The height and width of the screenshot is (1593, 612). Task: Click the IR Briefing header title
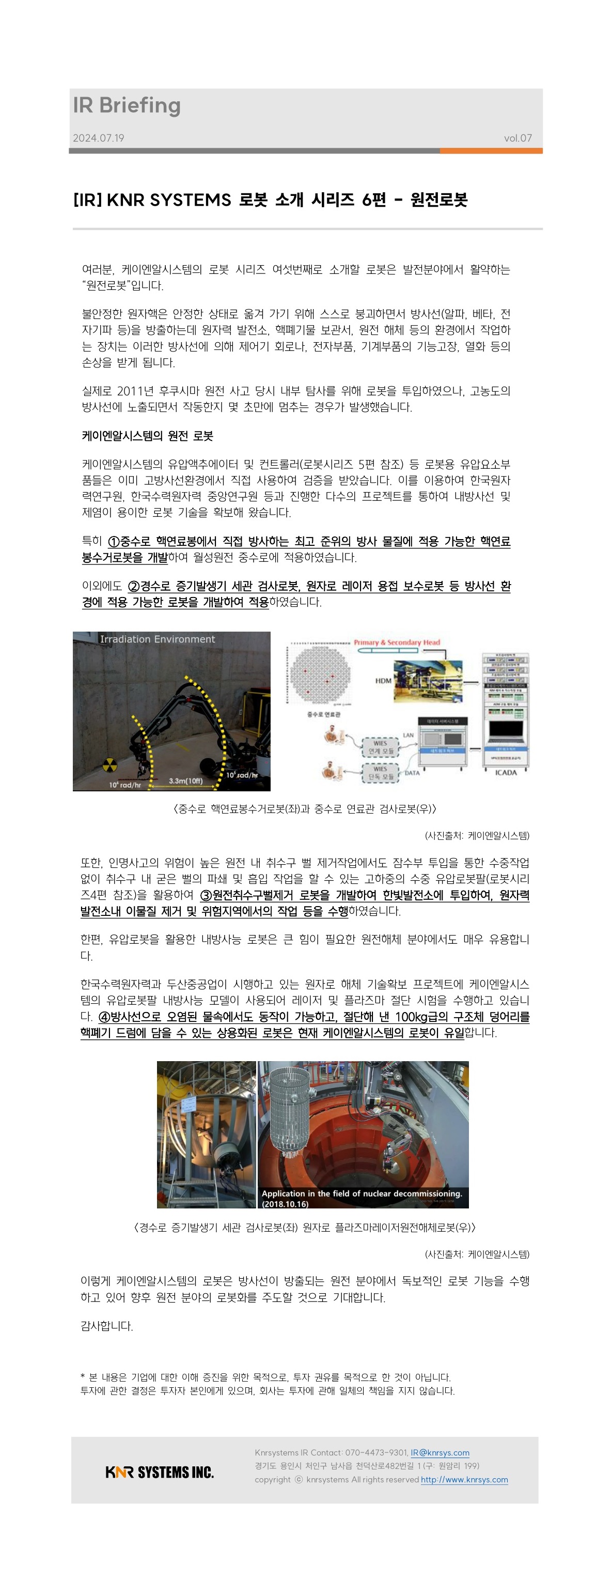point(127,106)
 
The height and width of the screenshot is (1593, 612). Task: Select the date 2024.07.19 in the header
point(98,138)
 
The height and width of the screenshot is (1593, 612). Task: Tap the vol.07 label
point(517,138)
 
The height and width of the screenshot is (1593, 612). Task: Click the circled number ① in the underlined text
point(114,542)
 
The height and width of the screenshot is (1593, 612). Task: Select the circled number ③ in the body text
point(207,895)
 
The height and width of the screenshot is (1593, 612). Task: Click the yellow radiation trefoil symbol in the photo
point(109,764)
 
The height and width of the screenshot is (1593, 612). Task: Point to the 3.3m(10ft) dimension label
point(186,780)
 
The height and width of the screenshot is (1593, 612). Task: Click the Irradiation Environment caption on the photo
point(157,639)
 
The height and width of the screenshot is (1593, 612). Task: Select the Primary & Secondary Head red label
point(397,642)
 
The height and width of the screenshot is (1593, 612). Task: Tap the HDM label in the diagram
point(383,680)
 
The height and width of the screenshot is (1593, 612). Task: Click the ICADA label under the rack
point(506,772)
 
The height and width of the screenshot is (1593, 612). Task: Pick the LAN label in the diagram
point(408,736)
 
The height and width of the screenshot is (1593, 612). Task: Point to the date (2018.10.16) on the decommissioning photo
point(285,1204)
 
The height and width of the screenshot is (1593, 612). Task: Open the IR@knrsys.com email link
point(440,1452)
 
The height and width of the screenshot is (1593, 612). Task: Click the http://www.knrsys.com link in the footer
point(464,1480)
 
